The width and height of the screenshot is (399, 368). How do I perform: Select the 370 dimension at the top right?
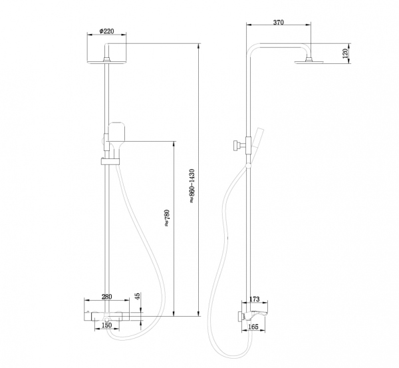click(279, 23)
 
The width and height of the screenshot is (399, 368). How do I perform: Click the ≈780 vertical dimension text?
click(167, 219)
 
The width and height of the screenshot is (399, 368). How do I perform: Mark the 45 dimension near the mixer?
click(138, 296)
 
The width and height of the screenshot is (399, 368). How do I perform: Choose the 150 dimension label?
click(106, 325)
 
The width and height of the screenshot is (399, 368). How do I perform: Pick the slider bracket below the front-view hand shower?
click(110, 160)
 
